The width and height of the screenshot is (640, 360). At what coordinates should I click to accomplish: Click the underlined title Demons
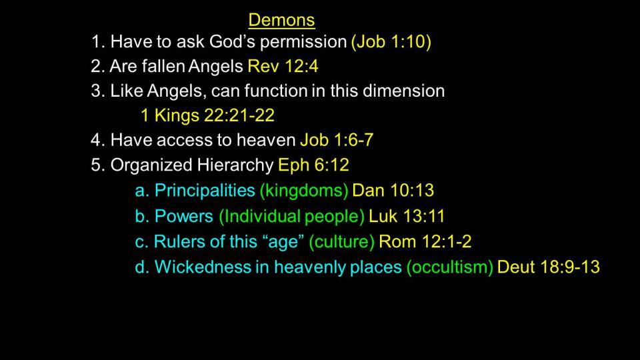pos(281,20)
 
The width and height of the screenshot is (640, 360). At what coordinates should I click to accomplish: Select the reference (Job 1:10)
pos(391,42)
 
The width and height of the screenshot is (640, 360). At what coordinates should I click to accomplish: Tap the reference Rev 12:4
pos(283,66)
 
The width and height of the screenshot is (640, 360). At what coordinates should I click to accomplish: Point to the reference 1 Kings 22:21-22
pos(207,115)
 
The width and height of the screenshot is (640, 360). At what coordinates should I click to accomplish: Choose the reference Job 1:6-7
pos(337,140)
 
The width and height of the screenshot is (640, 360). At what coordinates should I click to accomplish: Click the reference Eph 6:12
pos(313,165)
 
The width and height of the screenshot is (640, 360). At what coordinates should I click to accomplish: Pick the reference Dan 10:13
pos(393,190)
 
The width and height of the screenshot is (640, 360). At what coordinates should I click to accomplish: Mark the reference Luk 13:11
pos(407,216)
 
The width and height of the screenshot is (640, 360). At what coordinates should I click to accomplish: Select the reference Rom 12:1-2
pos(425,241)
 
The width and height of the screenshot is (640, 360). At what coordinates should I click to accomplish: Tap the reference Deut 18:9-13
pos(549,267)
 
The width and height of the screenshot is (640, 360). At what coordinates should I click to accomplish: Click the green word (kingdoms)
pos(304,191)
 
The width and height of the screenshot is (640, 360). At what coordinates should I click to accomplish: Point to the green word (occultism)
pos(450,267)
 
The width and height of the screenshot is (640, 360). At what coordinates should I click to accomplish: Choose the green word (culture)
pos(341,241)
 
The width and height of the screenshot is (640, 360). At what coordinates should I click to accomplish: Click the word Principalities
pos(205,191)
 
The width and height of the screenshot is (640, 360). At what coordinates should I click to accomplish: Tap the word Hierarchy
pos(235,165)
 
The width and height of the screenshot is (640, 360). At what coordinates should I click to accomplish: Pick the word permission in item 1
pos(303,42)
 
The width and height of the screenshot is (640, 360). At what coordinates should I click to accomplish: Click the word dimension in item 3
pos(404,91)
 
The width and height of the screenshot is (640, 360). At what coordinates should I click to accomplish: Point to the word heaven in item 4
pos(266,140)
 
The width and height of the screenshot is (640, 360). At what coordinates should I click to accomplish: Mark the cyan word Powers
pos(184,216)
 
